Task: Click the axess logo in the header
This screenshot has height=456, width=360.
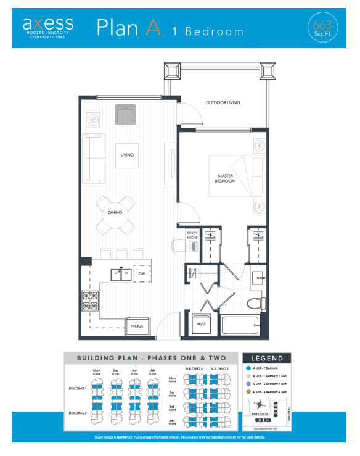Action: point(47,25)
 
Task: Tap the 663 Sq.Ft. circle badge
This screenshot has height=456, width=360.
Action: point(322,28)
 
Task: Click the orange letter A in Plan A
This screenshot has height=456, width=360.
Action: point(153,27)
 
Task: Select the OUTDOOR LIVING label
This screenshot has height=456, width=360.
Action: point(223,102)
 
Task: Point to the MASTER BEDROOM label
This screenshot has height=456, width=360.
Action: point(224,178)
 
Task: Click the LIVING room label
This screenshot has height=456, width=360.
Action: point(127,155)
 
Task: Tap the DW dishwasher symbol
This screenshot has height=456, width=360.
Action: point(141,273)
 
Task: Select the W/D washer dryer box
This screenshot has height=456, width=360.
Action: point(201,324)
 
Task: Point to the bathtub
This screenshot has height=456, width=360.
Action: point(240,325)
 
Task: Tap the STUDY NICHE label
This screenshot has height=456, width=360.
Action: point(193,235)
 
